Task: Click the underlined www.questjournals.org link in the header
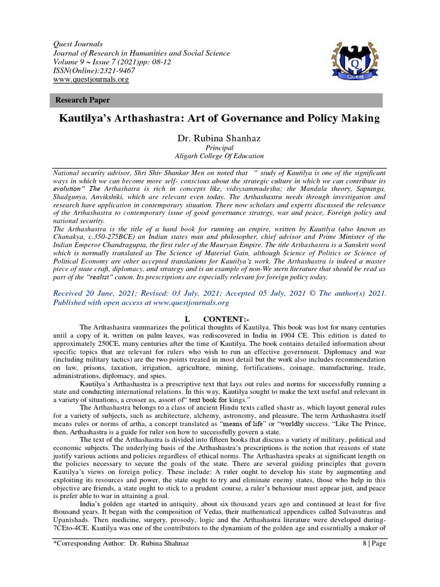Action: click(91, 80)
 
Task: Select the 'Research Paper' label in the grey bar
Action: click(82, 100)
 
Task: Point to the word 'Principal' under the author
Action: click(219, 147)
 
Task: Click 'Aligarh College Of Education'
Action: click(219, 156)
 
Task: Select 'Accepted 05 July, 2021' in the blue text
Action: click(269, 293)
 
